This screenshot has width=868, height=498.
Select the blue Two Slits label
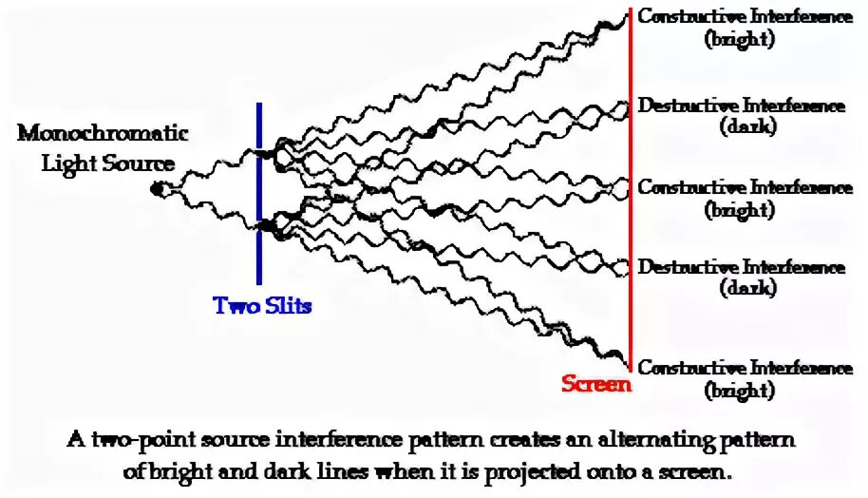pos(262,306)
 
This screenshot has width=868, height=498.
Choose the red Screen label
pos(595,384)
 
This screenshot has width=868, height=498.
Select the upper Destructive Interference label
pos(741,105)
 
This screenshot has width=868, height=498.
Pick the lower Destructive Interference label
pos(741,268)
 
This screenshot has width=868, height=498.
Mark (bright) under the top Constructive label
pos(740,40)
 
